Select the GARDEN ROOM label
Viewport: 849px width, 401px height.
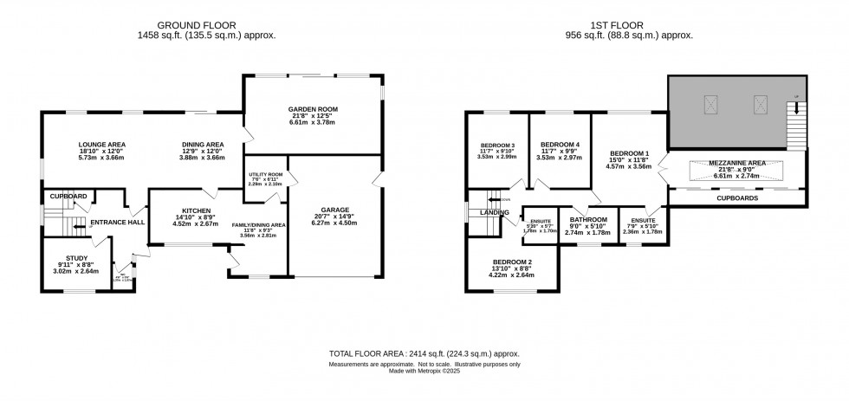[x=313, y=108]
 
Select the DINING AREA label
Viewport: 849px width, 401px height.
[x=202, y=144]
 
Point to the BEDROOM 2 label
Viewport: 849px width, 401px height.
[x=512, y=262]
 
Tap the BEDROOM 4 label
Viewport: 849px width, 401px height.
[x=560, y=144]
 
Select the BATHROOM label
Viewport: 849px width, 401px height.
[x=587, y=220]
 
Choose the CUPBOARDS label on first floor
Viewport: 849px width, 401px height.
[x=737, y=197]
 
